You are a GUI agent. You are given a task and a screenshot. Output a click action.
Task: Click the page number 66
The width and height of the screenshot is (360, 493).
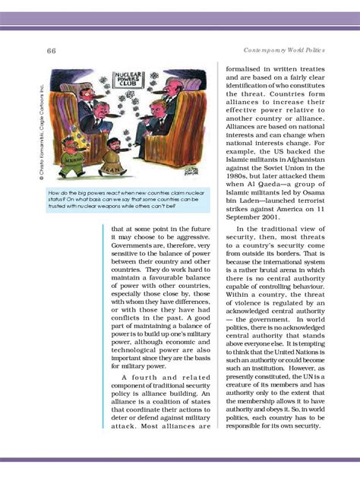tap(52, 50)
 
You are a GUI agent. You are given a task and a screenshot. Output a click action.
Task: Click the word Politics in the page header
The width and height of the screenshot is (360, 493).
tap(312, 50)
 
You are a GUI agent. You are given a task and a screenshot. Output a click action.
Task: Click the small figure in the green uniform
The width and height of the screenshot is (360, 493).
tap(74, 159)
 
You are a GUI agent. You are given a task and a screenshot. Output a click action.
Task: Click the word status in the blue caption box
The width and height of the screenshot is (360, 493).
tap(60, 200)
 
